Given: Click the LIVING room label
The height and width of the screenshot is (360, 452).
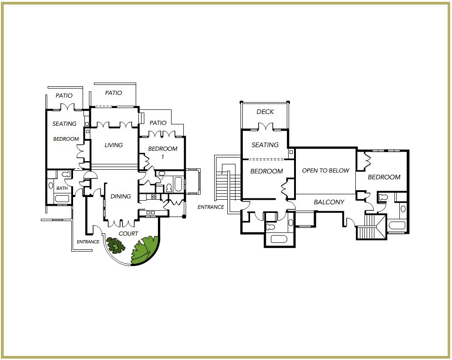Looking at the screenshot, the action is [113, 145].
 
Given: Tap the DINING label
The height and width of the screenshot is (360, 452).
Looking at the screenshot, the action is [121, 196].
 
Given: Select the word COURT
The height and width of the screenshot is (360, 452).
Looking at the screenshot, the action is [128, 233].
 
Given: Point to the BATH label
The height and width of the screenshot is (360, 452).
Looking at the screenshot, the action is [62, 188].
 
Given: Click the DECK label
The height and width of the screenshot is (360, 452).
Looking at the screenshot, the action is [265, 112].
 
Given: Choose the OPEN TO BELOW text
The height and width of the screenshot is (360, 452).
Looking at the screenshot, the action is [326, 171].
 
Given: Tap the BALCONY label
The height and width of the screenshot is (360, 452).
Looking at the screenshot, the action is [329, 202].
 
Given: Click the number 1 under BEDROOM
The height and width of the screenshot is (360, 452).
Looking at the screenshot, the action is [163, 157].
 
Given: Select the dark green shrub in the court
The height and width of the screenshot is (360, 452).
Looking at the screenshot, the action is [116, 246].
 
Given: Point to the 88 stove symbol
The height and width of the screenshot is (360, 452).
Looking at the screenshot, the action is [154, 197].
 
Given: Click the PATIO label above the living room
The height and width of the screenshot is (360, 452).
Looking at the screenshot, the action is [113, 93].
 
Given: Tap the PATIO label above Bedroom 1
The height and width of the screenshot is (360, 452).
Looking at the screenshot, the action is [158, 123].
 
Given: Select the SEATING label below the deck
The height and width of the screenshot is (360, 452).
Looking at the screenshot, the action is [265, 144].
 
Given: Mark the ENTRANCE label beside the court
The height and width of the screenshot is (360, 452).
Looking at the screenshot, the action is [88, 242].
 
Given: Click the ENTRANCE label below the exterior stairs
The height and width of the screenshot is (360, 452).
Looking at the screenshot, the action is [211, 207].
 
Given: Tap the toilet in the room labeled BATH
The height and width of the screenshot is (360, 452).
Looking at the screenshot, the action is [66, 174].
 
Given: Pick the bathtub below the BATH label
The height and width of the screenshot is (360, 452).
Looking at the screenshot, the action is [62, 198].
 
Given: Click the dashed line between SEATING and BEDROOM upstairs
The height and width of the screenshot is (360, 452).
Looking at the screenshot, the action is [266, 159].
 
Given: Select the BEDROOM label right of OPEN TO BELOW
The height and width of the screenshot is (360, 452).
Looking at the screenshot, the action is [384, 177].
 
